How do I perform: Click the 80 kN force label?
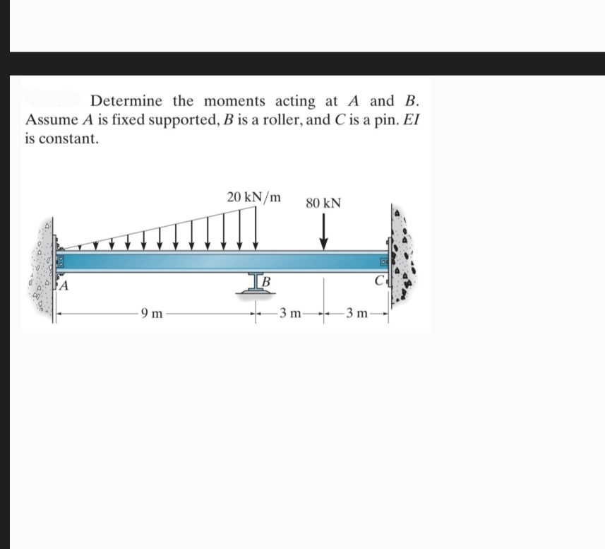pyautogui.click(x=324, y=203)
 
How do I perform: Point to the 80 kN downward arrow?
pyautogui.click(x=324, y=233)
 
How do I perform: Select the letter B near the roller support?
pyautogui.click(x=267, y=285)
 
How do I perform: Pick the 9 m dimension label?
pyautogui.click(x=152, y=313)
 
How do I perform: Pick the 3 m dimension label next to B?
pyautogui.click(x=290, y=313)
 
